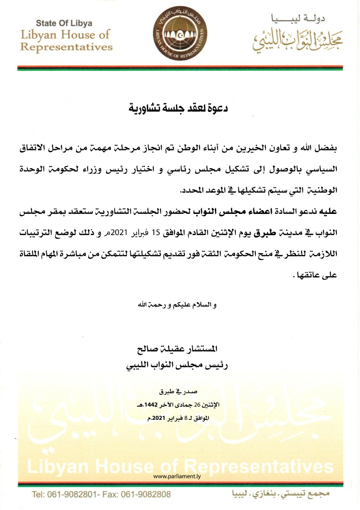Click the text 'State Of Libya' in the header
tap(65, 23)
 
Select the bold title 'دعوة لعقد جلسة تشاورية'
tap(180, 108)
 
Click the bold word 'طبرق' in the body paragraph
tap(264, 233)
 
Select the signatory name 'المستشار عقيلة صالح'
tap(180, 350)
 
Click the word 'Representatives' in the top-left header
tap(67, 46)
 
